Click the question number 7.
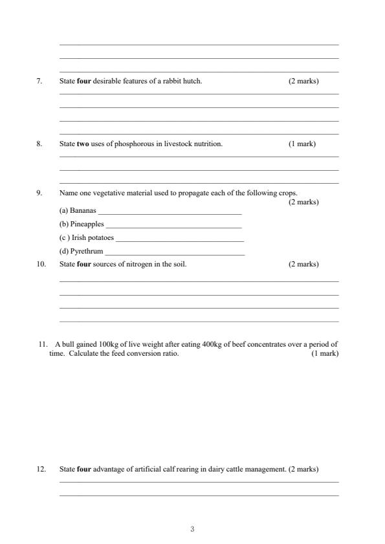[x=39, y=82]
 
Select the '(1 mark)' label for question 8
[x=302, y=144]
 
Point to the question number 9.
[x=39, y=193]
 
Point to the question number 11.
[x=43, y=344]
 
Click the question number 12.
[x=41, y=469]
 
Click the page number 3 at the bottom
[x=192, y=530]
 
